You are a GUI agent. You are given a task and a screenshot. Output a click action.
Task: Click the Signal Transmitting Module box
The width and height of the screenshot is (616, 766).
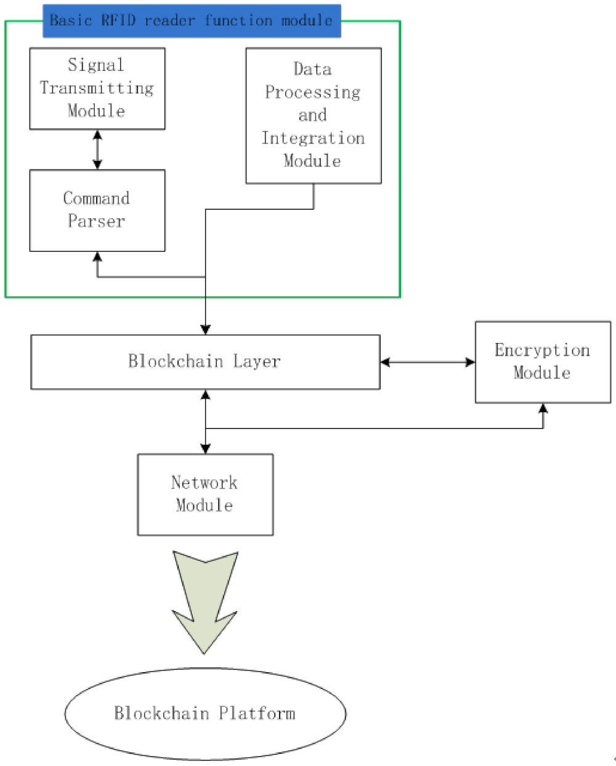(x=97, y=88)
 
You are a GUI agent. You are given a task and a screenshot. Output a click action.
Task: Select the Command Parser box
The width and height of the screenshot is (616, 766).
(x=97, y=210)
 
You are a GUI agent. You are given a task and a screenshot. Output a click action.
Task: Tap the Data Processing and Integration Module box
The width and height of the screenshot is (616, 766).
(x=313, y=115)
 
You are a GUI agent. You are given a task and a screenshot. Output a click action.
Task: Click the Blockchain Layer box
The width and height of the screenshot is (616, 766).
(x=205, y=362)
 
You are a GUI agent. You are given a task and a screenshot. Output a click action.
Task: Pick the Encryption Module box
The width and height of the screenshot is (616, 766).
(x=543, y=362)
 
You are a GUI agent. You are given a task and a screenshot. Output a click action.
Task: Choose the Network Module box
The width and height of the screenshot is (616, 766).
(x=205, y=494)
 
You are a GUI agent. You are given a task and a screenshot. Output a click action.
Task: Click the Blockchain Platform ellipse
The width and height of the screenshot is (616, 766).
(x=205, y=714)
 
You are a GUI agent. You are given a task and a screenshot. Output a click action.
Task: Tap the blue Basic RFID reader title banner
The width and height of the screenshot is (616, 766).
(x=192, y=20)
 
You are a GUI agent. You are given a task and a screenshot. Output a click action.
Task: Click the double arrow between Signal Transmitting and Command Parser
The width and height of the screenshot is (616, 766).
(x=97, y=150)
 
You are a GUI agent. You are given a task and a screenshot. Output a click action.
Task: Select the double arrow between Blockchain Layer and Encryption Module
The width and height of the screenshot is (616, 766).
(x=428, y=362)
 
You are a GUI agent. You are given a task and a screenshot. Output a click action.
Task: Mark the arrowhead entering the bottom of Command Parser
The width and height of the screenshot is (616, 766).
(x=97, y=256)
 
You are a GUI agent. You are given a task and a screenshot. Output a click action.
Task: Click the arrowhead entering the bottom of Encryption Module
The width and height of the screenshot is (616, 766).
(x=543, y=408)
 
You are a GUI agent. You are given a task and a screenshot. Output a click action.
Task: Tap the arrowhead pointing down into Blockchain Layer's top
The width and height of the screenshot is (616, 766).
(x=205, y=330)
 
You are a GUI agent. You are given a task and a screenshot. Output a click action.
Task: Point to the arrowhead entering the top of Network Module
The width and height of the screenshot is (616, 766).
(x=205, y=449)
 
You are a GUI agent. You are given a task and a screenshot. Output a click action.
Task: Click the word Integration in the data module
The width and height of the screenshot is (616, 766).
(x=313, y=138)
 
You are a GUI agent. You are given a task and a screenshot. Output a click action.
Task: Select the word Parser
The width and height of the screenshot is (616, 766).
(x=97, y=221)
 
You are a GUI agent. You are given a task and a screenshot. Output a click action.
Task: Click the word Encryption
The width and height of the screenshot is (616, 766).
(x=542, y=350)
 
